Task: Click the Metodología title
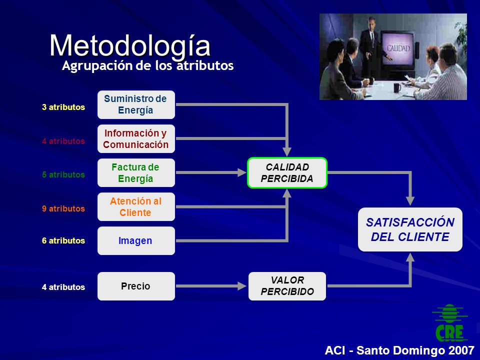[x=130, y=46]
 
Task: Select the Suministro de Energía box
[x=136, y=104]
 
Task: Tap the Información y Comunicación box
[x=136, y=138]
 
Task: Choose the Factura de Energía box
[x=136, y=172]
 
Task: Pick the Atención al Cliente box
[x=136, y=206]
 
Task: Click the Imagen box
[x=136, y=240]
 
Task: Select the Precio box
[x=136, y=286]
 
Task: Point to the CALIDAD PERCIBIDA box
[x=287, y=172]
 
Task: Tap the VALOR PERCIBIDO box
[x=287, y=286]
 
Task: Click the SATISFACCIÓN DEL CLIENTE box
[x=410, y=229]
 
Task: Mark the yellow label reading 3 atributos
[x=63, y=107]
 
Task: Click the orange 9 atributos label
[x=63, y=208]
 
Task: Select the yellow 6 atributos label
[x=63, y=240]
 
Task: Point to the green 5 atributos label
[x=63, y=174]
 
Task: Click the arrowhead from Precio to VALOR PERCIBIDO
[x=242, y=286]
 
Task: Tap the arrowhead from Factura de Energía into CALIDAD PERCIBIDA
[x=242, y=172]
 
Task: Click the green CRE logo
[x=449, y=322]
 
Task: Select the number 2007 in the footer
[x=461, y=350]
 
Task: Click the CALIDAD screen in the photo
[x=397, y=48]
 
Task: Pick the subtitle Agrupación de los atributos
[x=147, y=66]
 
